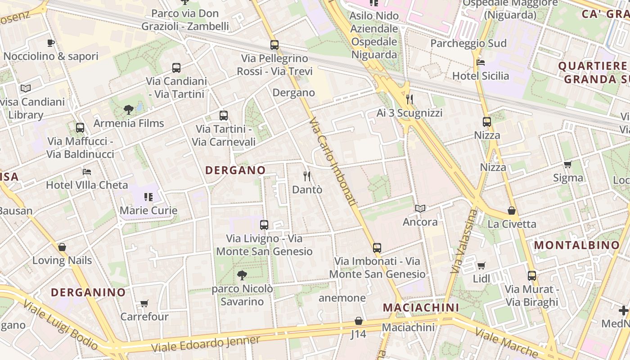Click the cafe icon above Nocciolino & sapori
click(51, 43)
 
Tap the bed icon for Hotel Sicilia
click(481, 63)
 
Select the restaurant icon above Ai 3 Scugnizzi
click(409, 99)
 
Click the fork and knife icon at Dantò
click(307, 176)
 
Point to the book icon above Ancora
click(420, 209)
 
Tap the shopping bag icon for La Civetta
click(512, 211)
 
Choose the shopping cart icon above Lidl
click(481, 265)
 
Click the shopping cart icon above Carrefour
click(144, 303)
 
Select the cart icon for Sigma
click(568, 165)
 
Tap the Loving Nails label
click(62, 260)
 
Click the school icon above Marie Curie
click(148, 197)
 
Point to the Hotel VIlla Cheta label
click(87, 185)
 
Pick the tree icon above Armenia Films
click(129, 109)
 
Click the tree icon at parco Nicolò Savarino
click(242, 275)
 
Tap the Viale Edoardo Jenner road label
click(206, 344)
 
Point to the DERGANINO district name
click(88, 292)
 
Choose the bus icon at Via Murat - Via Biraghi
click(532, 276)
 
